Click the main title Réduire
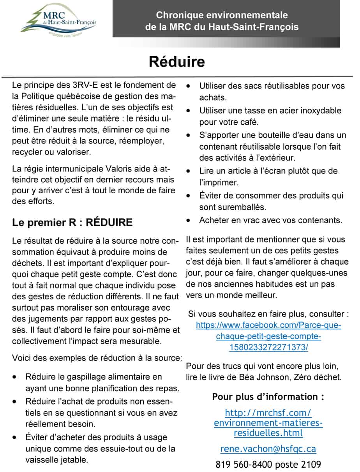pyautogui.click(x=176, y=62)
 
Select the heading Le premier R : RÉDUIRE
pyautogui.click(x=72, y=223)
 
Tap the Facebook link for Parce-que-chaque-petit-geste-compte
pyautogui.click(x=268, y=336)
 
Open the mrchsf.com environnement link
pyautogui.click(x=268, y=423)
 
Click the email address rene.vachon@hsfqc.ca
pyautogui.click(x=268, y=449)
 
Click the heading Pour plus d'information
pyautogui.click(x=268, y=397)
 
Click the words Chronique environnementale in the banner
pyautogui.click(x=222, y=15)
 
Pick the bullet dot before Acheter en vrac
pyautogui.click(x=189, y=220)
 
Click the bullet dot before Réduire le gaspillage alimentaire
pyautogui.click(x=15, y=377)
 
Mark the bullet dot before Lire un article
pyautogui.click(x=189, y=171)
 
